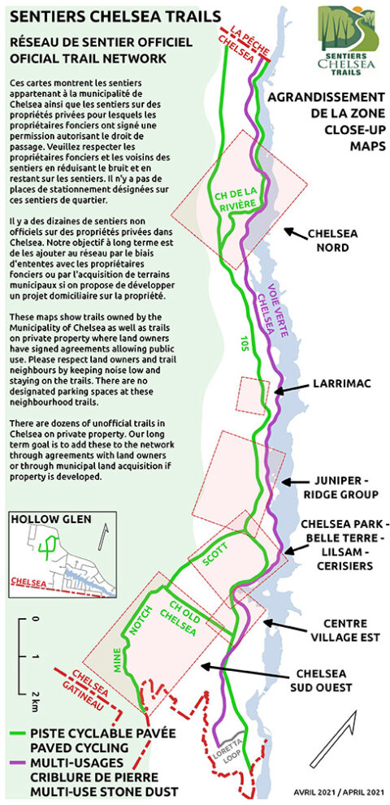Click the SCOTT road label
[218, 556]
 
